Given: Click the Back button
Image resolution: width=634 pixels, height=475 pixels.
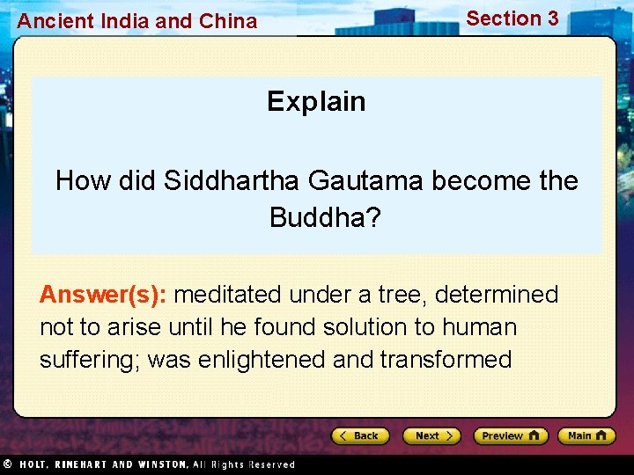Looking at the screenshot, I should click(359, 435).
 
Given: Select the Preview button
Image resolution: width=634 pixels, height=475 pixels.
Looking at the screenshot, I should click(510, 435).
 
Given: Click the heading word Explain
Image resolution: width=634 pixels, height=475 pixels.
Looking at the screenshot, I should click(316, 101).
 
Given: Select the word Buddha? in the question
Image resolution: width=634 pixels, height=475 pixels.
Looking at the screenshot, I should click(325, 216).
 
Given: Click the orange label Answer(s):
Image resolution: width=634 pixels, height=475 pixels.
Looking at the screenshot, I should click(104, 294).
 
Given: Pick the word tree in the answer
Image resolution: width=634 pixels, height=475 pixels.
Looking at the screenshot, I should click(403, 294).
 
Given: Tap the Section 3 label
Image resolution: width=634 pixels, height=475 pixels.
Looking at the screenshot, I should click(512, 18).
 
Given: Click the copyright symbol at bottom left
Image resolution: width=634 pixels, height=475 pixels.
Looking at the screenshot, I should click(6, 464).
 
